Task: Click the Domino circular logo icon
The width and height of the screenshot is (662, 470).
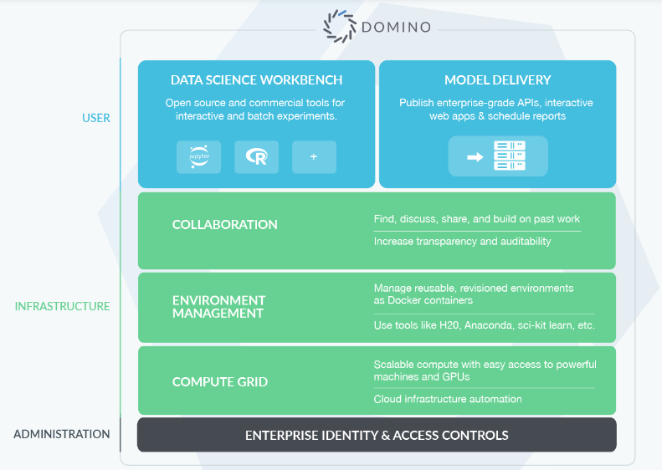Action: [341, 26]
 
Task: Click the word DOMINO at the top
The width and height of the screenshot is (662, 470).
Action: [397, 27]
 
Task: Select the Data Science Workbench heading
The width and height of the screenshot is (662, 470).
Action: [256, 80]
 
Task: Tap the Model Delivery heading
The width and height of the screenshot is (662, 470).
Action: [498, 80]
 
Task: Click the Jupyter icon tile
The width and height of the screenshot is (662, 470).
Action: [199, 157]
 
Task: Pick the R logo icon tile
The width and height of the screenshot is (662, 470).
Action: [256, 157]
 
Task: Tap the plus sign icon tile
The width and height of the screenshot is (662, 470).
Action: [314, 157]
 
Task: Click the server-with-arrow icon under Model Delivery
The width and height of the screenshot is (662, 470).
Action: [498, 157]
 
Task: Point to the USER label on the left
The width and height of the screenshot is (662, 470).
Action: [96, 118]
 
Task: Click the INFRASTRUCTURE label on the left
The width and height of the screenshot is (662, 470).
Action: [62, 306]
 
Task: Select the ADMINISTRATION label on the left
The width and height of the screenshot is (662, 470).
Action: [62, 434]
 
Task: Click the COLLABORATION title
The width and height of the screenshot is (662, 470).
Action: [225, 224]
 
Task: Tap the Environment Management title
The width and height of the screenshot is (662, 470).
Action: [218, 307]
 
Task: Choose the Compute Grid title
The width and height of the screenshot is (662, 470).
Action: [220, 381]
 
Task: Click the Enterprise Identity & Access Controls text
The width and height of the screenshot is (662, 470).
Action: [377, 435]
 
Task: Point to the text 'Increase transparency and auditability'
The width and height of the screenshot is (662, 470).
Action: [462, 242]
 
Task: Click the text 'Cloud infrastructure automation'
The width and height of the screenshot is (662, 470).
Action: [448, 399]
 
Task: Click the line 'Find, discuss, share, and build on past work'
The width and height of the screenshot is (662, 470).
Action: [476, 219]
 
